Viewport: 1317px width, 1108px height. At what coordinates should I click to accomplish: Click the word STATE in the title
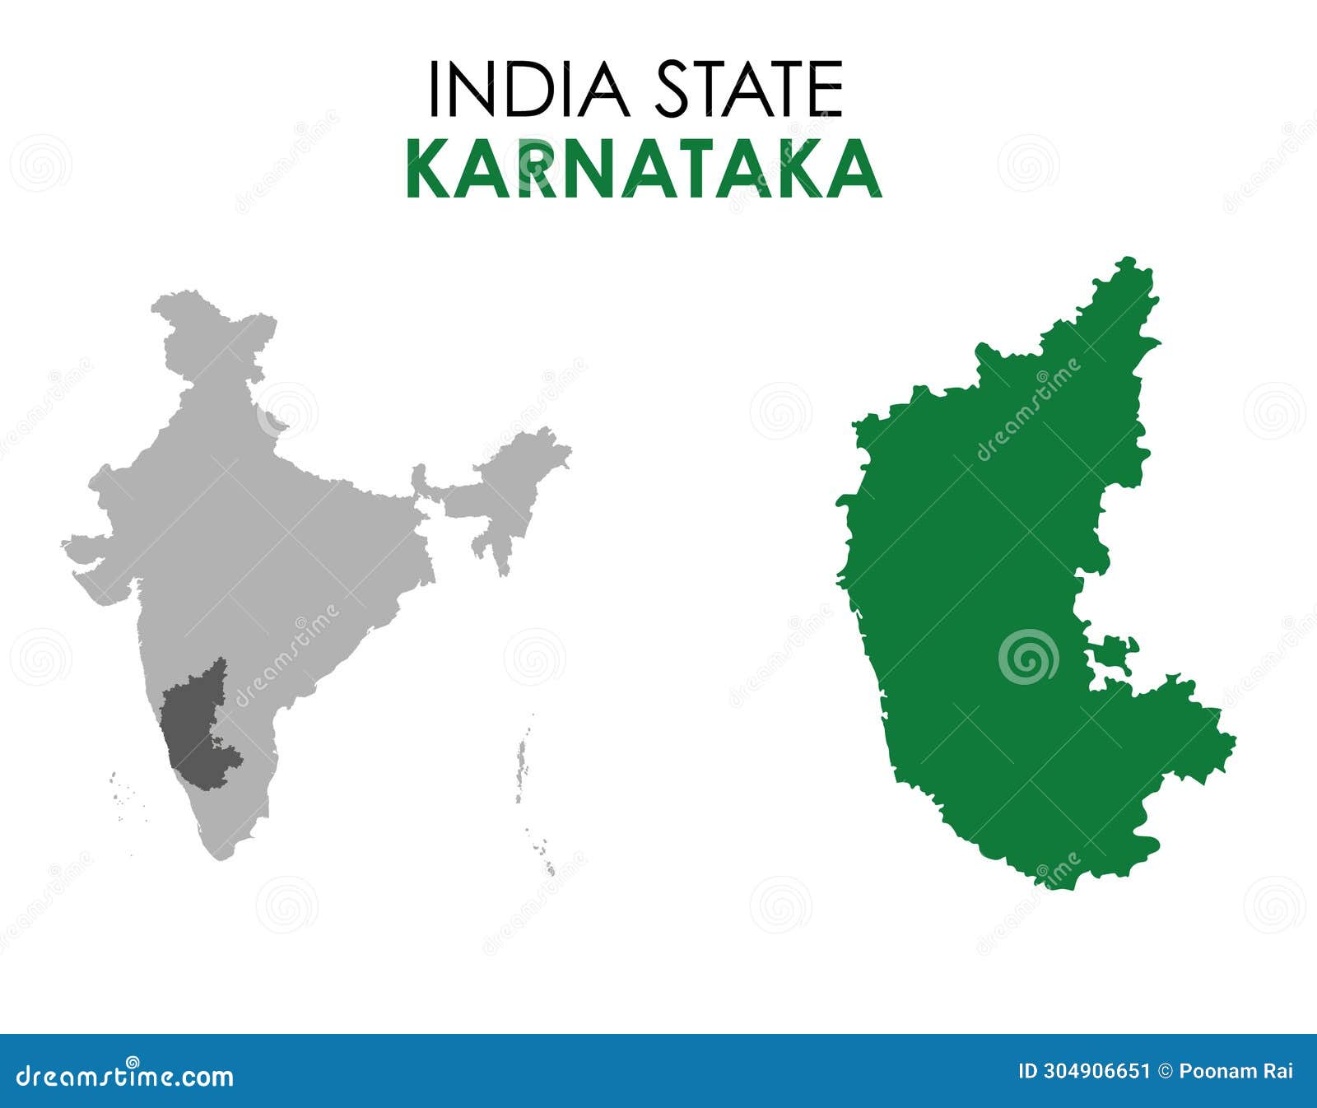pyautogui.click(x=749, y=89)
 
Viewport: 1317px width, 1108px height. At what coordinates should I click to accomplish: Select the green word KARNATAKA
pyautogui.click(x=644, y=170)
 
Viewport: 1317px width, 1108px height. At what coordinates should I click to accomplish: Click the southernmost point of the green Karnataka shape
pyautogui.click(x=1049, y=885)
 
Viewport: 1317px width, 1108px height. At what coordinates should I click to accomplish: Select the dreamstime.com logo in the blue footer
pyautogui.click(x=125, y=1075)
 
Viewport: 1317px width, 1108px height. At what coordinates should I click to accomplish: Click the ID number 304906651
pyautogui.click(x=1095, y=1071)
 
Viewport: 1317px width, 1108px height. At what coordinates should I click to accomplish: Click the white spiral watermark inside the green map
pyautogui.click(x=1028, y=657)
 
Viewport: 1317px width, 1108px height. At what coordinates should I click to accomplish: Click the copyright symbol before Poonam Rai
pyautogui.click(x=1165, y=1071)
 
